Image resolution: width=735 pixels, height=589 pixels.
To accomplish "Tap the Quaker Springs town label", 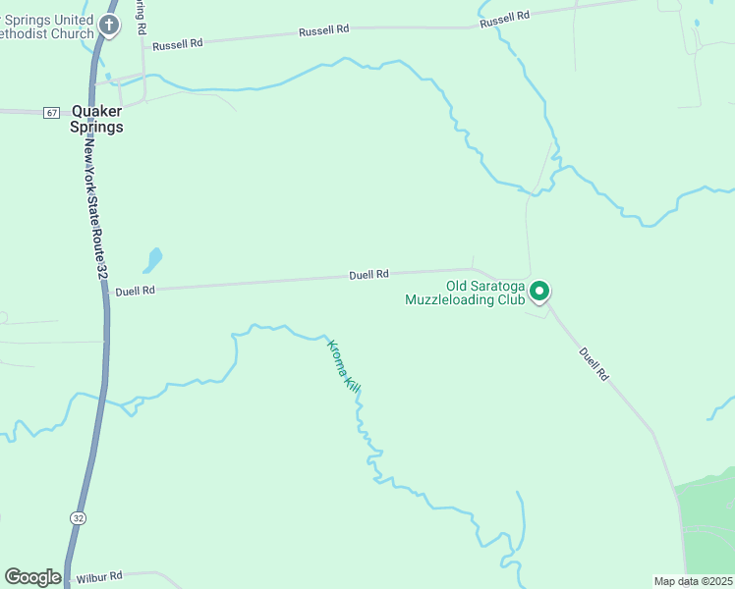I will (97, 119).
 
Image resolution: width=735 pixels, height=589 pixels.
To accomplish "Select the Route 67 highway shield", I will (51, 113).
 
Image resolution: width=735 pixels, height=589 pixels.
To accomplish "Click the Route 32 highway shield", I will (78, 516).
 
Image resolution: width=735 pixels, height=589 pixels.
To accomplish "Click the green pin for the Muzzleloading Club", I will (538, 292).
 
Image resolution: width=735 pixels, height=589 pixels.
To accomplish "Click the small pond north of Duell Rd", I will (152, 260).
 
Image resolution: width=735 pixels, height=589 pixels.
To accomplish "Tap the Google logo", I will (32, 577).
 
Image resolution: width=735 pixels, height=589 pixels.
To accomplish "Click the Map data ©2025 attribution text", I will (693, 581).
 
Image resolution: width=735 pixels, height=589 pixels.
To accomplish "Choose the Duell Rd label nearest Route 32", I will (135, 291).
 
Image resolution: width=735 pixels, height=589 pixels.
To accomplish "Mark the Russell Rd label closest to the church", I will (177, 44).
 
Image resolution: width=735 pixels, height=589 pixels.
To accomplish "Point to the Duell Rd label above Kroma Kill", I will (369, 275).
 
